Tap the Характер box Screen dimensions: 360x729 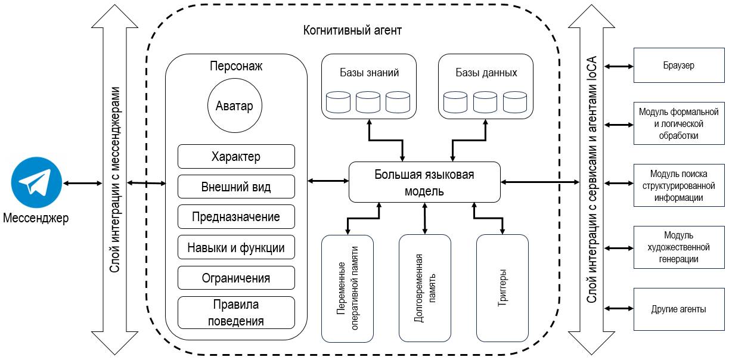click(x=236, y=156)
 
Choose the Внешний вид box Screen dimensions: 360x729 click(x=236, y=187)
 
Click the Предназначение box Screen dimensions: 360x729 click(x=236, y=216)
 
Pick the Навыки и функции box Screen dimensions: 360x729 click(x=236, y=247)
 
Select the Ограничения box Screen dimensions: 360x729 click(x=236, y=278)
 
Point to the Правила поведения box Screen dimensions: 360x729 click(x=236, y=313)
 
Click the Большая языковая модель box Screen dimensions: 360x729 click(x=424, y=182)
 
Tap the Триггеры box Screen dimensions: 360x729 click(x=502, y=288)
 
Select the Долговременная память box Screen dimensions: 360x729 click(x=424, y=288)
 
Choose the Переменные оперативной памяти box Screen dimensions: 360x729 click(x=348, y=288)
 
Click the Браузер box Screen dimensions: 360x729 click(x=678, y=66)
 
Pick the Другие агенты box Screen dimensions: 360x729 click(x=678, y=309)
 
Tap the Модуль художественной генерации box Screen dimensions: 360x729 click(x=678, y=247)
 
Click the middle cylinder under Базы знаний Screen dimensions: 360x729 click(x=368, y=102)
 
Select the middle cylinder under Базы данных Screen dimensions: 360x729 click(x=485, y=102)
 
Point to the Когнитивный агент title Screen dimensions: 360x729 click(x=352, y=30)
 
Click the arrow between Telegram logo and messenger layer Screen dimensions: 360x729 click(x=83, y=183)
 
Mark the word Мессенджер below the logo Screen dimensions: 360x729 click(x=36, y=218)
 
